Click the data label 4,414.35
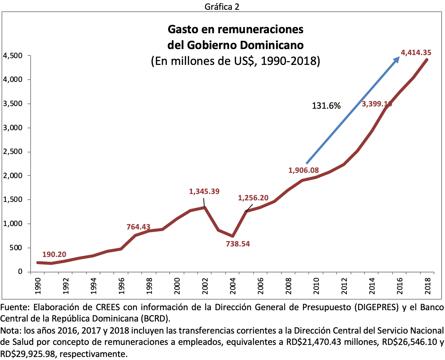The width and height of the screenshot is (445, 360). [x=416, y=53]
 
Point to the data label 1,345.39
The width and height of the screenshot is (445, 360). [x=204, y=191]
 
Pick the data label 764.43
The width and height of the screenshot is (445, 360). [x=138, y=227]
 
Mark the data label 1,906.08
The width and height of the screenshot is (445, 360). [x=303, y=170]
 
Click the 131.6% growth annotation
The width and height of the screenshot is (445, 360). [x=326, y=106]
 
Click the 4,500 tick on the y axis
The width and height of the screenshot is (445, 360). [x=12, y=56]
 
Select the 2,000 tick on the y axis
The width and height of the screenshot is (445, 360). [x=12, y=176]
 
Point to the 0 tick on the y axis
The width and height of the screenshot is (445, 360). [x=20, y=272]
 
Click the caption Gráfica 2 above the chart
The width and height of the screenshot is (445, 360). [x=222, y=7]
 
